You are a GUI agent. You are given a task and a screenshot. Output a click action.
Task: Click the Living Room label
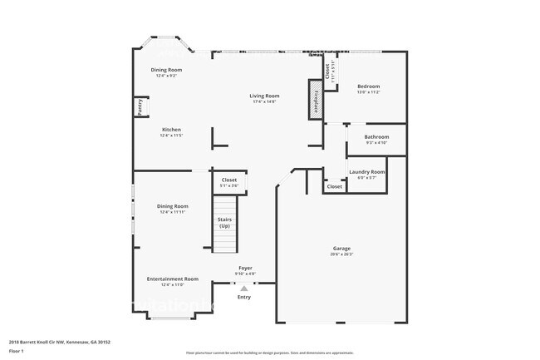point(263,96)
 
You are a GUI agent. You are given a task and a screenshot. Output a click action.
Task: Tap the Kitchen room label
point(171,130)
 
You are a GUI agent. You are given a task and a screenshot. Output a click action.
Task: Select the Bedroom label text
point(368,86)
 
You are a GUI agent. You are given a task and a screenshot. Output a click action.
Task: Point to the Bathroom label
point(376,136)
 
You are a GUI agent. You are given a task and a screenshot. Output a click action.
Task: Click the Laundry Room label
point(366,171)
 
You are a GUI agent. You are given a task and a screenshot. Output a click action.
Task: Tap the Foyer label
point(245,268)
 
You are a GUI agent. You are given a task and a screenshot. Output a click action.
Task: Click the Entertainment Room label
point(172,279)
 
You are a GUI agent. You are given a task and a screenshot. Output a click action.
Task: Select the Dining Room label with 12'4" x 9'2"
point(167,70)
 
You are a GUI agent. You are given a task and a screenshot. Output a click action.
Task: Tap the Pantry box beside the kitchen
point(140,106)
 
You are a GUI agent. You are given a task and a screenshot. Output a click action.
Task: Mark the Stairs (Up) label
point(224,223)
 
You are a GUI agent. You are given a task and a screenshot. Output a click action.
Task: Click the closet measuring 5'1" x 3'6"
point(229,180)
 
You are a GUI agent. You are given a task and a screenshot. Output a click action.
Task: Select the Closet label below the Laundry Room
point(334,186)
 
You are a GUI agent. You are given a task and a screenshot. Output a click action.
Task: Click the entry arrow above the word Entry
point(243,288)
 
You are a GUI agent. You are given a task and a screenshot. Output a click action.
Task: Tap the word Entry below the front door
point(243,297)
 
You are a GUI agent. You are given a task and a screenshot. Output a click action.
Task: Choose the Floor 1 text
point(17,352)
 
